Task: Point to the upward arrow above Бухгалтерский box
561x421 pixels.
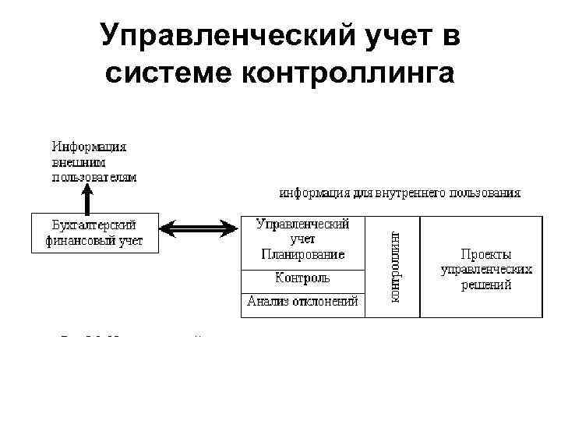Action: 88,199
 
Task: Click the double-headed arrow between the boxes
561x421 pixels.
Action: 199,228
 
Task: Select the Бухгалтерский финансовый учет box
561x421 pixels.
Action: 94,232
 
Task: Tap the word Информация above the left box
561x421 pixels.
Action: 90,147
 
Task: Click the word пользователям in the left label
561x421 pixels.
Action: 94,177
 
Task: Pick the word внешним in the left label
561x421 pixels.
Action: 79,162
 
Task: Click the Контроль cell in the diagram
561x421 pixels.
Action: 302,278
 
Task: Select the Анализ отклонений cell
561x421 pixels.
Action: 302,302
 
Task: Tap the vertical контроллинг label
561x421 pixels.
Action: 393,267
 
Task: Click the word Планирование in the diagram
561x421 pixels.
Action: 302,254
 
